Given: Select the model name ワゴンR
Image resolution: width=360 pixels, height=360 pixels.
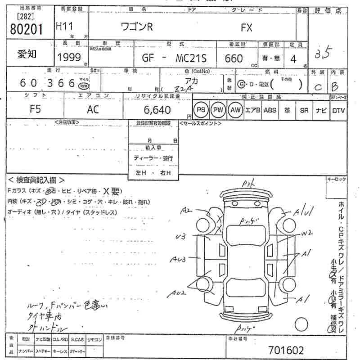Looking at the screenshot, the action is coord(137,27).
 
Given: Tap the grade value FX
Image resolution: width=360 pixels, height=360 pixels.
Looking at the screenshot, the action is coord(247,27).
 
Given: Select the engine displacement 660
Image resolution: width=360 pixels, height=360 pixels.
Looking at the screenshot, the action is coord(233,58).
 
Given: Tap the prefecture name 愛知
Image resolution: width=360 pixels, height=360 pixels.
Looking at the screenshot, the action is coord(27,54).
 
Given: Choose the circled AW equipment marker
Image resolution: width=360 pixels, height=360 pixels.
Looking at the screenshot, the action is coord(234,110).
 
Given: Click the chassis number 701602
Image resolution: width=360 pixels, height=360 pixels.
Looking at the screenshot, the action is coord(286,350).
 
